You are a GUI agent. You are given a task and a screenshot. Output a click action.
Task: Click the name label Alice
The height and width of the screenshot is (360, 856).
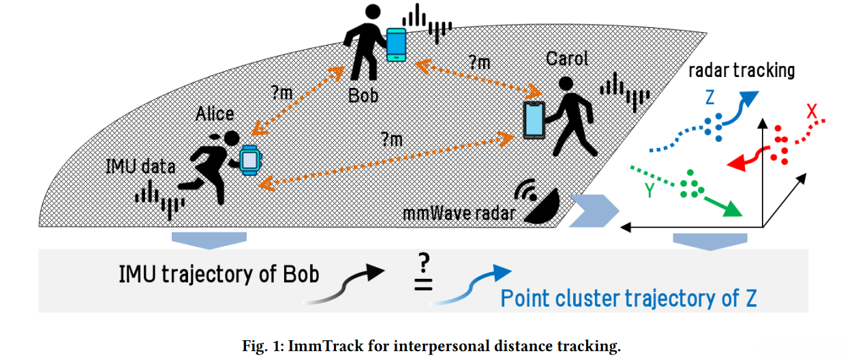(x=215, y=113)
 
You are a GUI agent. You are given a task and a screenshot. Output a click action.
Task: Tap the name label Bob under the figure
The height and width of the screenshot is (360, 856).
(x=363, y=94)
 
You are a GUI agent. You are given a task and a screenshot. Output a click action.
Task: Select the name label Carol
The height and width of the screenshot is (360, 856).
(x=567, y=59)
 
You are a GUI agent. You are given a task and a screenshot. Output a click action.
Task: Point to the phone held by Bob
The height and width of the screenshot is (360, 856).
(x=396, y=44)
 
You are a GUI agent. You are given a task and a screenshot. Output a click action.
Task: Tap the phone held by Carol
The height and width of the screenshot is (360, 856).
(x=534, y=121)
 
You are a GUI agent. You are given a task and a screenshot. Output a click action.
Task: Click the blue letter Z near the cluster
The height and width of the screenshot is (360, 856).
(x=709, y=98)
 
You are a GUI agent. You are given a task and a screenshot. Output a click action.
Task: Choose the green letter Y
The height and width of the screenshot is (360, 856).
(x=650, y=190)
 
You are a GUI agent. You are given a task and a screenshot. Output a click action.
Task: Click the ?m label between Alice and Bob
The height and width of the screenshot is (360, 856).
(x=281, y=94)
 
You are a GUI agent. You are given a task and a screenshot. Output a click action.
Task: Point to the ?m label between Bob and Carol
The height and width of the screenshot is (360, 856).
(x=479, y=63)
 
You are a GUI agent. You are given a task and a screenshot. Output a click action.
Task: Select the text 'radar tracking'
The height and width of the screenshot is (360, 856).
(x=742, y=70)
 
